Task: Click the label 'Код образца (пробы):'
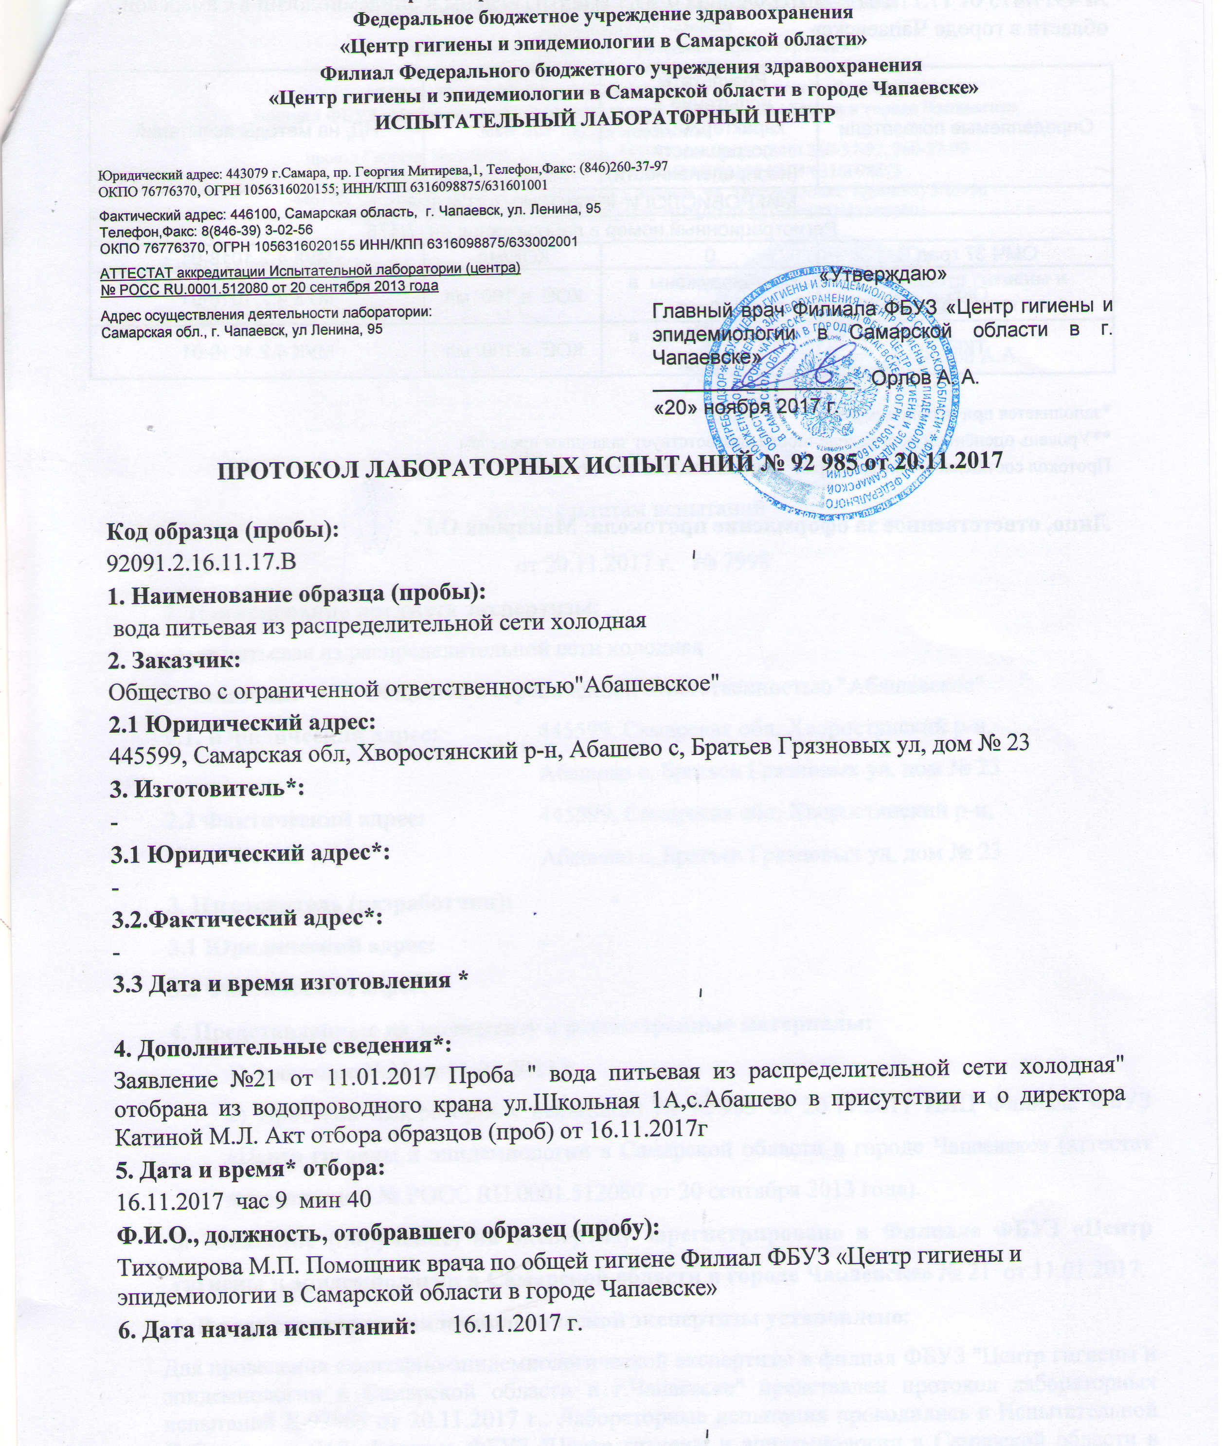point(222,530)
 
